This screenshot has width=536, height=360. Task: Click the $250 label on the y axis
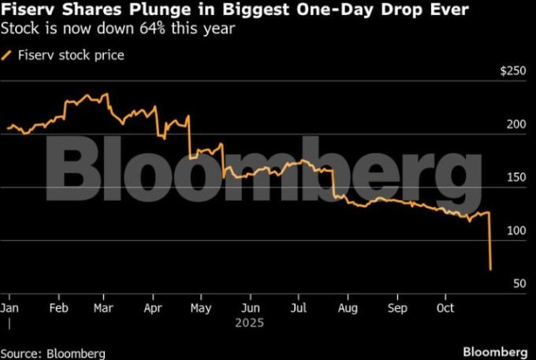coord(513,72)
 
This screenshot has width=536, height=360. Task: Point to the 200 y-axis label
coord(516,124)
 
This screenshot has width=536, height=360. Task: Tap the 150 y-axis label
coord(516,177)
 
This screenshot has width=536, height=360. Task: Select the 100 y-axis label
coord(516,230)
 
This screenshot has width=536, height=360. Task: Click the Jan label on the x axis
coord(10,307)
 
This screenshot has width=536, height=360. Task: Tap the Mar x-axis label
coord(103,307)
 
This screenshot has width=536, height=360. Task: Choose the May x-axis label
coord(202,307)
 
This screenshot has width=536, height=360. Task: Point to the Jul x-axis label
coord(299,307)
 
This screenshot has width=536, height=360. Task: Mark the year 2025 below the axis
coord(249,323)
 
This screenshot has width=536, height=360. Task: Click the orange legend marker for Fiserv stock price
coord(9,55)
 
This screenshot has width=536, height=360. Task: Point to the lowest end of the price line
coord(492,270)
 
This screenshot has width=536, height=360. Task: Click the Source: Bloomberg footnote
coord(53,352)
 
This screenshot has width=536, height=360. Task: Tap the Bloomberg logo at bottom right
coord(494,351)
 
